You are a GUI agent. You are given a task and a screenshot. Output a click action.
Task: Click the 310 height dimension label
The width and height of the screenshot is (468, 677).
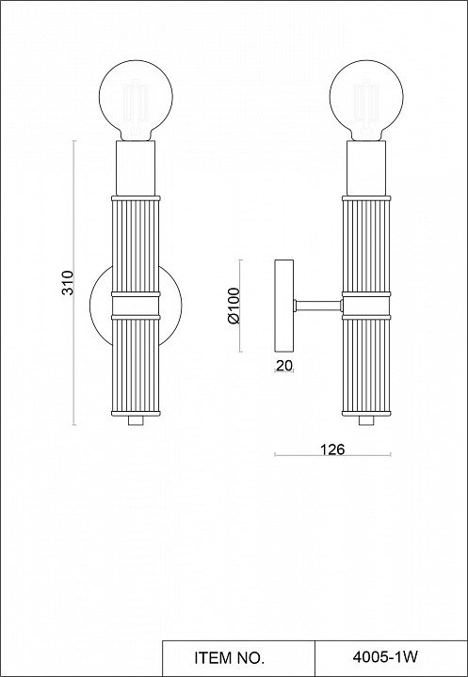68,282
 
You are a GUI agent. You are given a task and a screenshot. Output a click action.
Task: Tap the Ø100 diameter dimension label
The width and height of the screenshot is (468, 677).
234,306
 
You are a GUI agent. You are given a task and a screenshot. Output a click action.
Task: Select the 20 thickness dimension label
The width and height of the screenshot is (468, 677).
284,366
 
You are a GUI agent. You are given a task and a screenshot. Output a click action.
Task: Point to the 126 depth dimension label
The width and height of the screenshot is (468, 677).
332,449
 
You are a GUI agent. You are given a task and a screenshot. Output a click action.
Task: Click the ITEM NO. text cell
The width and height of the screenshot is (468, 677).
229,658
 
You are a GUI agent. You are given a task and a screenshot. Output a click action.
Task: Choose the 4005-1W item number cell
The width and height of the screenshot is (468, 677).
385,657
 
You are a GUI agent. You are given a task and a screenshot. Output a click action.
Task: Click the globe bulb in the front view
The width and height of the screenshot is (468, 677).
136,101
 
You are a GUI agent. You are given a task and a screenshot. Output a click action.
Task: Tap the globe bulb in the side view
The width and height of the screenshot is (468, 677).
366,101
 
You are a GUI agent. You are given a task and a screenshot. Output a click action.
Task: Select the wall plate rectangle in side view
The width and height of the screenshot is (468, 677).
284,306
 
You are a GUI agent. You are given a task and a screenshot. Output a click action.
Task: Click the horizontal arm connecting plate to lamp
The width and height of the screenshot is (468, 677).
318,306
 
